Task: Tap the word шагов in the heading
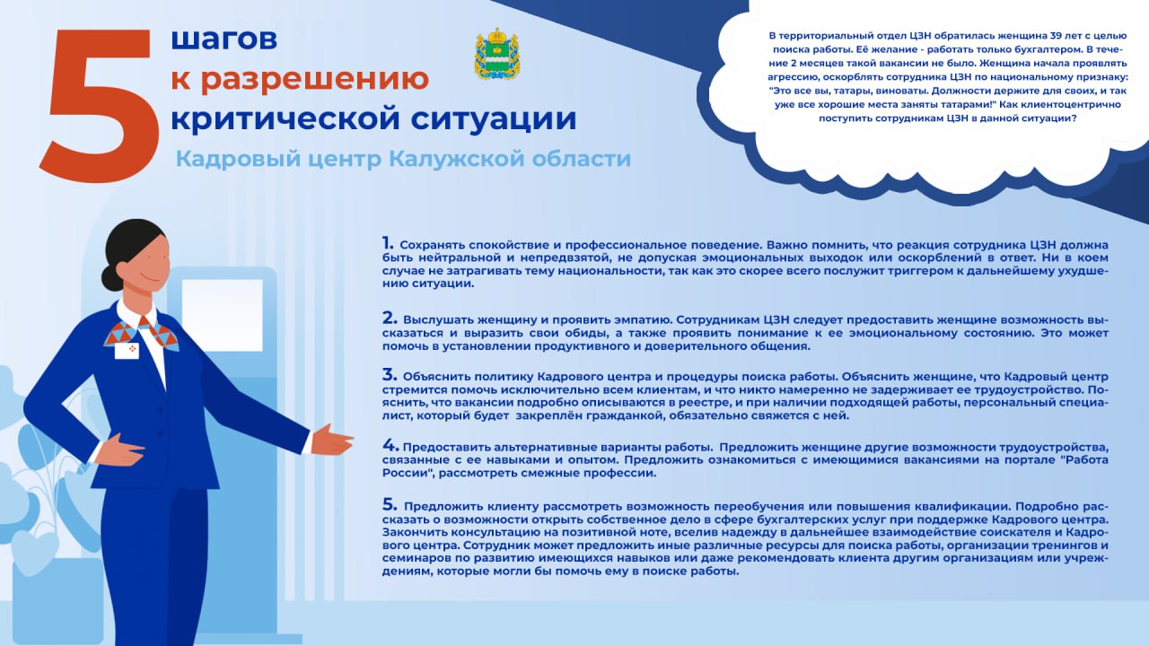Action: pos(224,39)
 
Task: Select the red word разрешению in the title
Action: pos(313,79)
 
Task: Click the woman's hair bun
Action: pos(111,276)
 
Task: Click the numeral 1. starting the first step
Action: pos(388,243)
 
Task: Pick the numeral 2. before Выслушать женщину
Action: pos(389,318)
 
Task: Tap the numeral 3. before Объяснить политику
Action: pos(389,375)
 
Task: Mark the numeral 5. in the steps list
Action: pos(389,504)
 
